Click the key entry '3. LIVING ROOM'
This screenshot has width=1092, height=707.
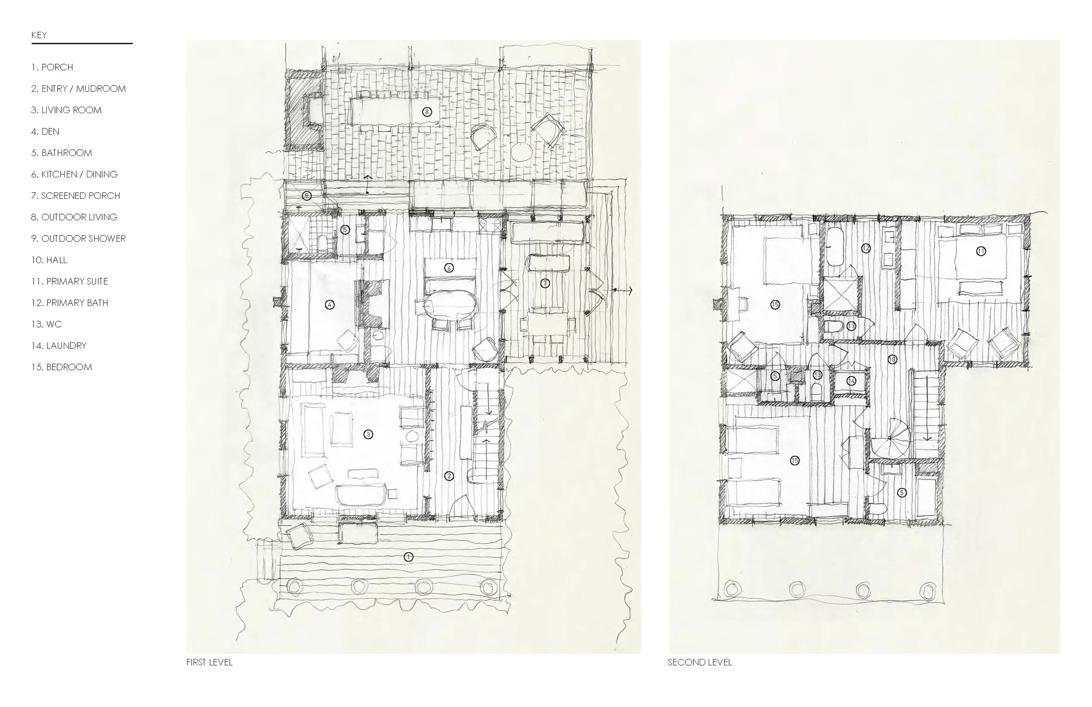(x=66, y=110)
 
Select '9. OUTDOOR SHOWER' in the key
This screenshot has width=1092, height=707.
(x=79, y=239)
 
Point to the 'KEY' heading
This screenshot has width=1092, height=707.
(x=39, y=35)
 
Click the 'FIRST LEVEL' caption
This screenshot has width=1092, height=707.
(x=209, y=662)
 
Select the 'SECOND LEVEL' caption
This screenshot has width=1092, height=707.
(x=700, y=662)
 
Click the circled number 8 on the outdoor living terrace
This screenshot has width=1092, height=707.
(x=427, y=111)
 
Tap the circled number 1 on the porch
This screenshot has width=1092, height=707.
(x=408, y=557)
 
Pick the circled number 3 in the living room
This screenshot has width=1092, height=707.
(x=368, y=434)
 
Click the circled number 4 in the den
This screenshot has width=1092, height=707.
(x=329, y=305)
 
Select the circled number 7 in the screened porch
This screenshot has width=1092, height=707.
(x=545, y=283)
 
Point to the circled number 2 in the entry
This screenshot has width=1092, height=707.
(x=449, y=476)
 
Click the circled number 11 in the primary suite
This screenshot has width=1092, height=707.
(x=981, y=251)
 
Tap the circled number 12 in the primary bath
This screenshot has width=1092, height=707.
(x=866, y=248)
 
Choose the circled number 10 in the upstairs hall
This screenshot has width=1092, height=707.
(x=892, y=360)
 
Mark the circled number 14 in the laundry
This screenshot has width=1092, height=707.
(x=852, y=381)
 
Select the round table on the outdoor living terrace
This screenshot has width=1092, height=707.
(x=521, y=152)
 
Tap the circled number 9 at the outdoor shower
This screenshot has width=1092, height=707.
(x=307, y=196)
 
